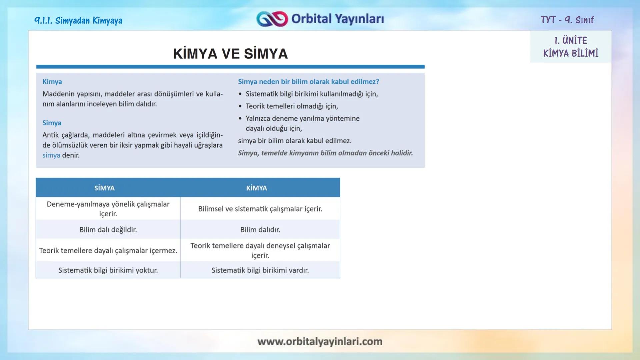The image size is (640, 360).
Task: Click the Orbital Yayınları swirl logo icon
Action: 272,19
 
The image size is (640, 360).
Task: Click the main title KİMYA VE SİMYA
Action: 230,54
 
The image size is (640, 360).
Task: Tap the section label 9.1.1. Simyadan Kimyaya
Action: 78,21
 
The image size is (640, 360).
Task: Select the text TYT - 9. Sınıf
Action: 567,20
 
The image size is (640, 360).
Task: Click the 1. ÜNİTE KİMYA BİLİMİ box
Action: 570,47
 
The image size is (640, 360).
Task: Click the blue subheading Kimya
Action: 52,82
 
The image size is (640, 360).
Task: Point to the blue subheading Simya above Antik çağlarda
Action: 52,123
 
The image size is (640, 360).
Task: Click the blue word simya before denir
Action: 51,155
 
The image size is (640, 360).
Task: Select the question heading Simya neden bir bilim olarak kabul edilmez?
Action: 308,82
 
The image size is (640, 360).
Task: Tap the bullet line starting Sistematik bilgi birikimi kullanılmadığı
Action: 311,94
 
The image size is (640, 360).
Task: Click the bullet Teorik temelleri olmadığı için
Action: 292,106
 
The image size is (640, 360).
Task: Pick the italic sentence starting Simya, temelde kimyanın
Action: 325,153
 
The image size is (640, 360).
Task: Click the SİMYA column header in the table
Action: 104,188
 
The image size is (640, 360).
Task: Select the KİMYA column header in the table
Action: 256,188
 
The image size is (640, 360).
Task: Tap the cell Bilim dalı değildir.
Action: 108,230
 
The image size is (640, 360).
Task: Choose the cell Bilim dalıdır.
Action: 260,230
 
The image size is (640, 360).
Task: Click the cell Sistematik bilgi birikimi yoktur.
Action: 108,270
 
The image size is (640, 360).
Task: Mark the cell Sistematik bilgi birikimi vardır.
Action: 260,270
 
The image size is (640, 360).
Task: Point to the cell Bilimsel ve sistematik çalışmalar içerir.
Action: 260,209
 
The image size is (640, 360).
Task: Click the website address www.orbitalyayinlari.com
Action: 320,341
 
